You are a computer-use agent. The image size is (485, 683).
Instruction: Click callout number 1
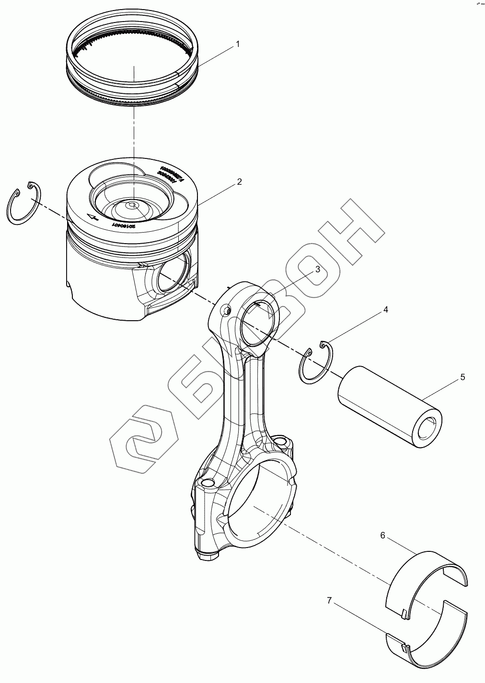click(237, 44)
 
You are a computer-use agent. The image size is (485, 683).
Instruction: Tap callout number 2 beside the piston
click(239, 182)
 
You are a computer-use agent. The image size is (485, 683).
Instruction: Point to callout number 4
click(385, 310)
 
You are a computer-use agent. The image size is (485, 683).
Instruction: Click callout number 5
click(462, 377)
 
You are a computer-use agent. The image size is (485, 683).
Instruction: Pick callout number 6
click(382, 535)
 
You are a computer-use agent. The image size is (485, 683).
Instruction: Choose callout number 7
click(329, 600)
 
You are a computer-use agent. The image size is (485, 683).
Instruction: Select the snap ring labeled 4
click(315, 362)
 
